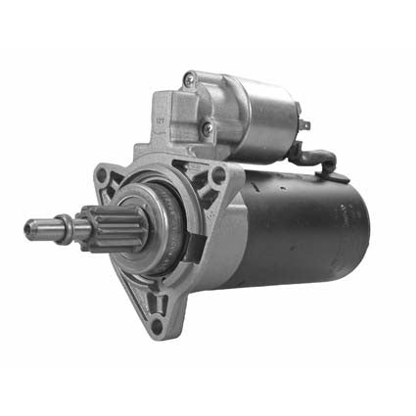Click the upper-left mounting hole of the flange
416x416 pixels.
click(102, 177)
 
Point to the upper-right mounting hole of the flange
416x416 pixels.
click(218, 175)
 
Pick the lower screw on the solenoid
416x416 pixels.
click(208, 128)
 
